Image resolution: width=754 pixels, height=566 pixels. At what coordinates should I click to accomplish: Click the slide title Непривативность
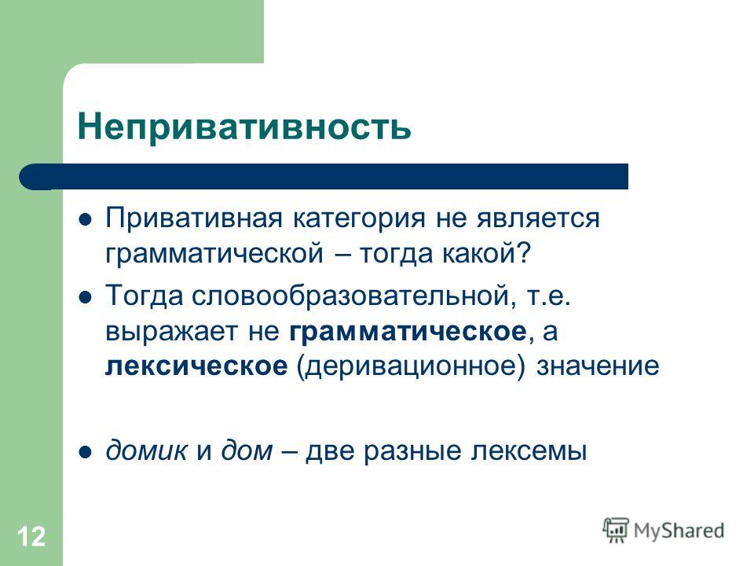244,127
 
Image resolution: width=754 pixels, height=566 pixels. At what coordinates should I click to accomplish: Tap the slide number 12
31,536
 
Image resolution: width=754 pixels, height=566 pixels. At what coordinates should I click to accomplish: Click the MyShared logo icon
616,531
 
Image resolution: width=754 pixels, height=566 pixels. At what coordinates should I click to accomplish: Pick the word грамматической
214,254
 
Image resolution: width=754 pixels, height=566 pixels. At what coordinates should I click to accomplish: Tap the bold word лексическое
196,367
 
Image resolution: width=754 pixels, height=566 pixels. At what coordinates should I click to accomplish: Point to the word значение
598,367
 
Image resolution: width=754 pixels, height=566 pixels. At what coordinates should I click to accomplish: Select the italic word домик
146,451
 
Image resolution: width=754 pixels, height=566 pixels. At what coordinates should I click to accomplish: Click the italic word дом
247,451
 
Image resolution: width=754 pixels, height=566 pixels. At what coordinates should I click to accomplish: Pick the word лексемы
529,452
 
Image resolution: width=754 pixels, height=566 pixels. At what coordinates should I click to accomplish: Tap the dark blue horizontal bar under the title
324,177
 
